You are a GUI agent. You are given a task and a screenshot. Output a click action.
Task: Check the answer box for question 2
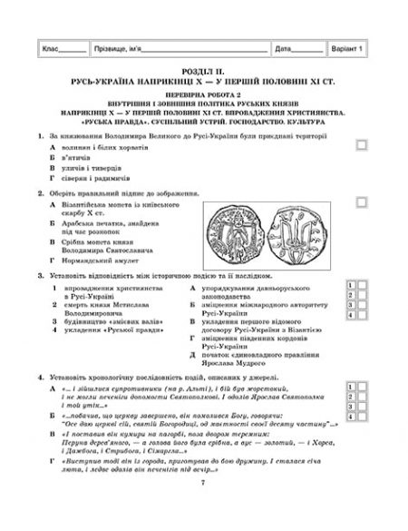pos(363,198)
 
